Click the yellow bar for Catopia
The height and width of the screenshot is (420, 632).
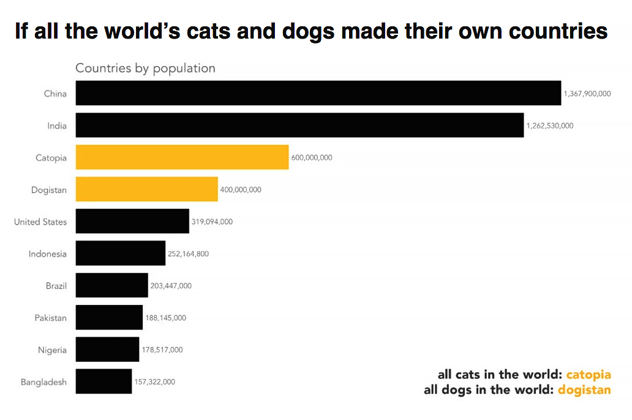(x=182, y=157)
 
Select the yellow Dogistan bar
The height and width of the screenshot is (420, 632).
(x=146, y=189)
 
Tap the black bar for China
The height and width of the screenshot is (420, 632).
(x=318, y=93)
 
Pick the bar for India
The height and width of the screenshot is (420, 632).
(x=299, y=125)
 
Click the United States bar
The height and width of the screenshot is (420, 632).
(x=132, y=221)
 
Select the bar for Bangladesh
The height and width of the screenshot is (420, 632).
(x=103, y=381)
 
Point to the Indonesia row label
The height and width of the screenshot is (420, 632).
(x=48, y=253)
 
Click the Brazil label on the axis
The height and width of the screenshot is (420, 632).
(x=56, y=285)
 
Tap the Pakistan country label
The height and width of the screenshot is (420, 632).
(x=51, y=318)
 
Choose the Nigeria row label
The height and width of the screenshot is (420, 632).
(x=52, y=350)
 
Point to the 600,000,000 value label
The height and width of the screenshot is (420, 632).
(x=312, y=157)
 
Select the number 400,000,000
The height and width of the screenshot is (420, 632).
(x=241, y=190)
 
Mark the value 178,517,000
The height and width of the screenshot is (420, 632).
(x=162, y=350)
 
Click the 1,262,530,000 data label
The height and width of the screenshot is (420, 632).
(x=550, y=126)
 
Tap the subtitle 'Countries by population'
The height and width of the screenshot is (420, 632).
(x=145, y=68)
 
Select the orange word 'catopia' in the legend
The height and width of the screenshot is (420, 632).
(x=589, y=375)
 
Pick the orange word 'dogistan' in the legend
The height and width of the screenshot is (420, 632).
(x=584, y=390)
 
